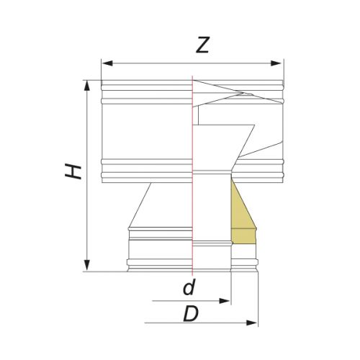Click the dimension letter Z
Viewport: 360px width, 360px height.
203,45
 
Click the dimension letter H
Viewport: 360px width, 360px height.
73,171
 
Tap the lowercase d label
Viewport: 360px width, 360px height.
189,287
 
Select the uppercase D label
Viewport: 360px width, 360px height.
191,314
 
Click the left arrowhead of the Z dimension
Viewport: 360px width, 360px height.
107,63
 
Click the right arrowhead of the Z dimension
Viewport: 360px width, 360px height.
276,63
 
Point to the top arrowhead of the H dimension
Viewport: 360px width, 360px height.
87,86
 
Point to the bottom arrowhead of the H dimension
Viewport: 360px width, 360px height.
87,265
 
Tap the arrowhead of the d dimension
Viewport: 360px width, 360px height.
225,301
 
